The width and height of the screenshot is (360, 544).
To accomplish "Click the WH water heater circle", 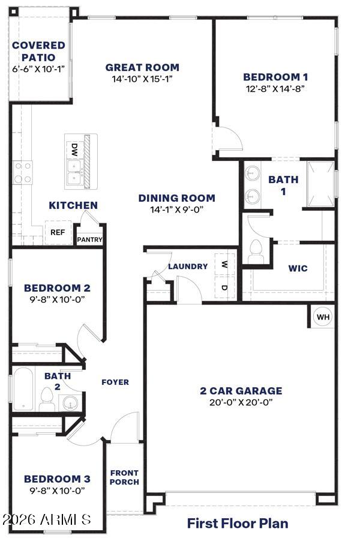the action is point(323,316).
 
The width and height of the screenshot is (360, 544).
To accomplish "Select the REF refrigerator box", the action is point(58,232).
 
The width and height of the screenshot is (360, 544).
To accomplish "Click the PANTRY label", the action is point(89,240).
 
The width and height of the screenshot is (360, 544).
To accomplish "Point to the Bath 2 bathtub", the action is point(23,389).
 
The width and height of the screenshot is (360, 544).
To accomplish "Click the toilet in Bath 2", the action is point(46,399).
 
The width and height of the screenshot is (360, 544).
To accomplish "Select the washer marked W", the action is point(224,265).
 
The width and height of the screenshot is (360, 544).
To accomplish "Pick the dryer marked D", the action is point(224,287).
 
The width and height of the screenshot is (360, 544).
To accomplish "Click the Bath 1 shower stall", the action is point(321,184).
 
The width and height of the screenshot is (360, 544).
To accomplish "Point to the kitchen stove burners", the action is point(23,172).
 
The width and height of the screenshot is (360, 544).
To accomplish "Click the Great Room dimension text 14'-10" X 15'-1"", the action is point(142,79).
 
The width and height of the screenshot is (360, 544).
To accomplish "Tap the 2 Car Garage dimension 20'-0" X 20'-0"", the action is point(241,402).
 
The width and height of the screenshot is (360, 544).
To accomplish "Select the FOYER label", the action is point(115,382).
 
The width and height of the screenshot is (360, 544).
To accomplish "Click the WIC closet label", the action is point(298,268).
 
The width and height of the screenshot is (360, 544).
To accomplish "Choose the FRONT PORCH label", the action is point(125,477).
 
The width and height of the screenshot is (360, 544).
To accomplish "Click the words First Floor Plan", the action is point(238,523).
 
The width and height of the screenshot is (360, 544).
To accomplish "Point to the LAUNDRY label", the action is point(188,267).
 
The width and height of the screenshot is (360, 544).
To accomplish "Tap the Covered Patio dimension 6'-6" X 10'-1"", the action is point(38,68).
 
